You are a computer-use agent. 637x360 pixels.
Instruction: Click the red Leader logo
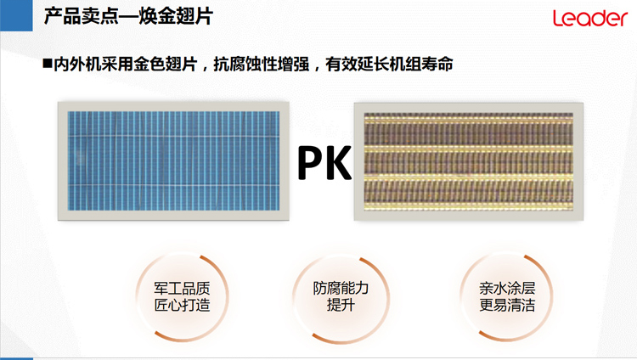(590, 18)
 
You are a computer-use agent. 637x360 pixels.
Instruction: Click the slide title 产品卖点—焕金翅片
(128, 16)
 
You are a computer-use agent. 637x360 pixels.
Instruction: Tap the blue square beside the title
(16, 15)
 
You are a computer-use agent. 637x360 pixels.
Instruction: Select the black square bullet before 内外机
(48, 64)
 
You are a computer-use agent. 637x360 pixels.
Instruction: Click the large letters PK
(324, 162)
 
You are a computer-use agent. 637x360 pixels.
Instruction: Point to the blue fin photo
(173, 161)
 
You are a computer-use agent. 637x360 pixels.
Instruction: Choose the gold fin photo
(468, 161)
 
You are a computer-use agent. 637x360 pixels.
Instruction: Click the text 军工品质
(182, 289)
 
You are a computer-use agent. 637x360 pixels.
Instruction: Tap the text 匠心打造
(182, 305)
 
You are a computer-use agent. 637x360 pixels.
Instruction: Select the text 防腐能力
(341, 288)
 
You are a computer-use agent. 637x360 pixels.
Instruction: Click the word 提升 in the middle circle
(341, 304)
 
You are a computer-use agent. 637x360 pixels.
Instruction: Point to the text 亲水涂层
(507, 288)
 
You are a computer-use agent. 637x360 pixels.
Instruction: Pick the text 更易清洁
(507, 305)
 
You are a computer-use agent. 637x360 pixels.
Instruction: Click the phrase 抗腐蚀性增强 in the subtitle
(262, 65)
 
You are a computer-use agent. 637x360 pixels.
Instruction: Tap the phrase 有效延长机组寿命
(389, 65)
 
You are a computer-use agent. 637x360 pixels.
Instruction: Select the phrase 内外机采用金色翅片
(126, 65)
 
